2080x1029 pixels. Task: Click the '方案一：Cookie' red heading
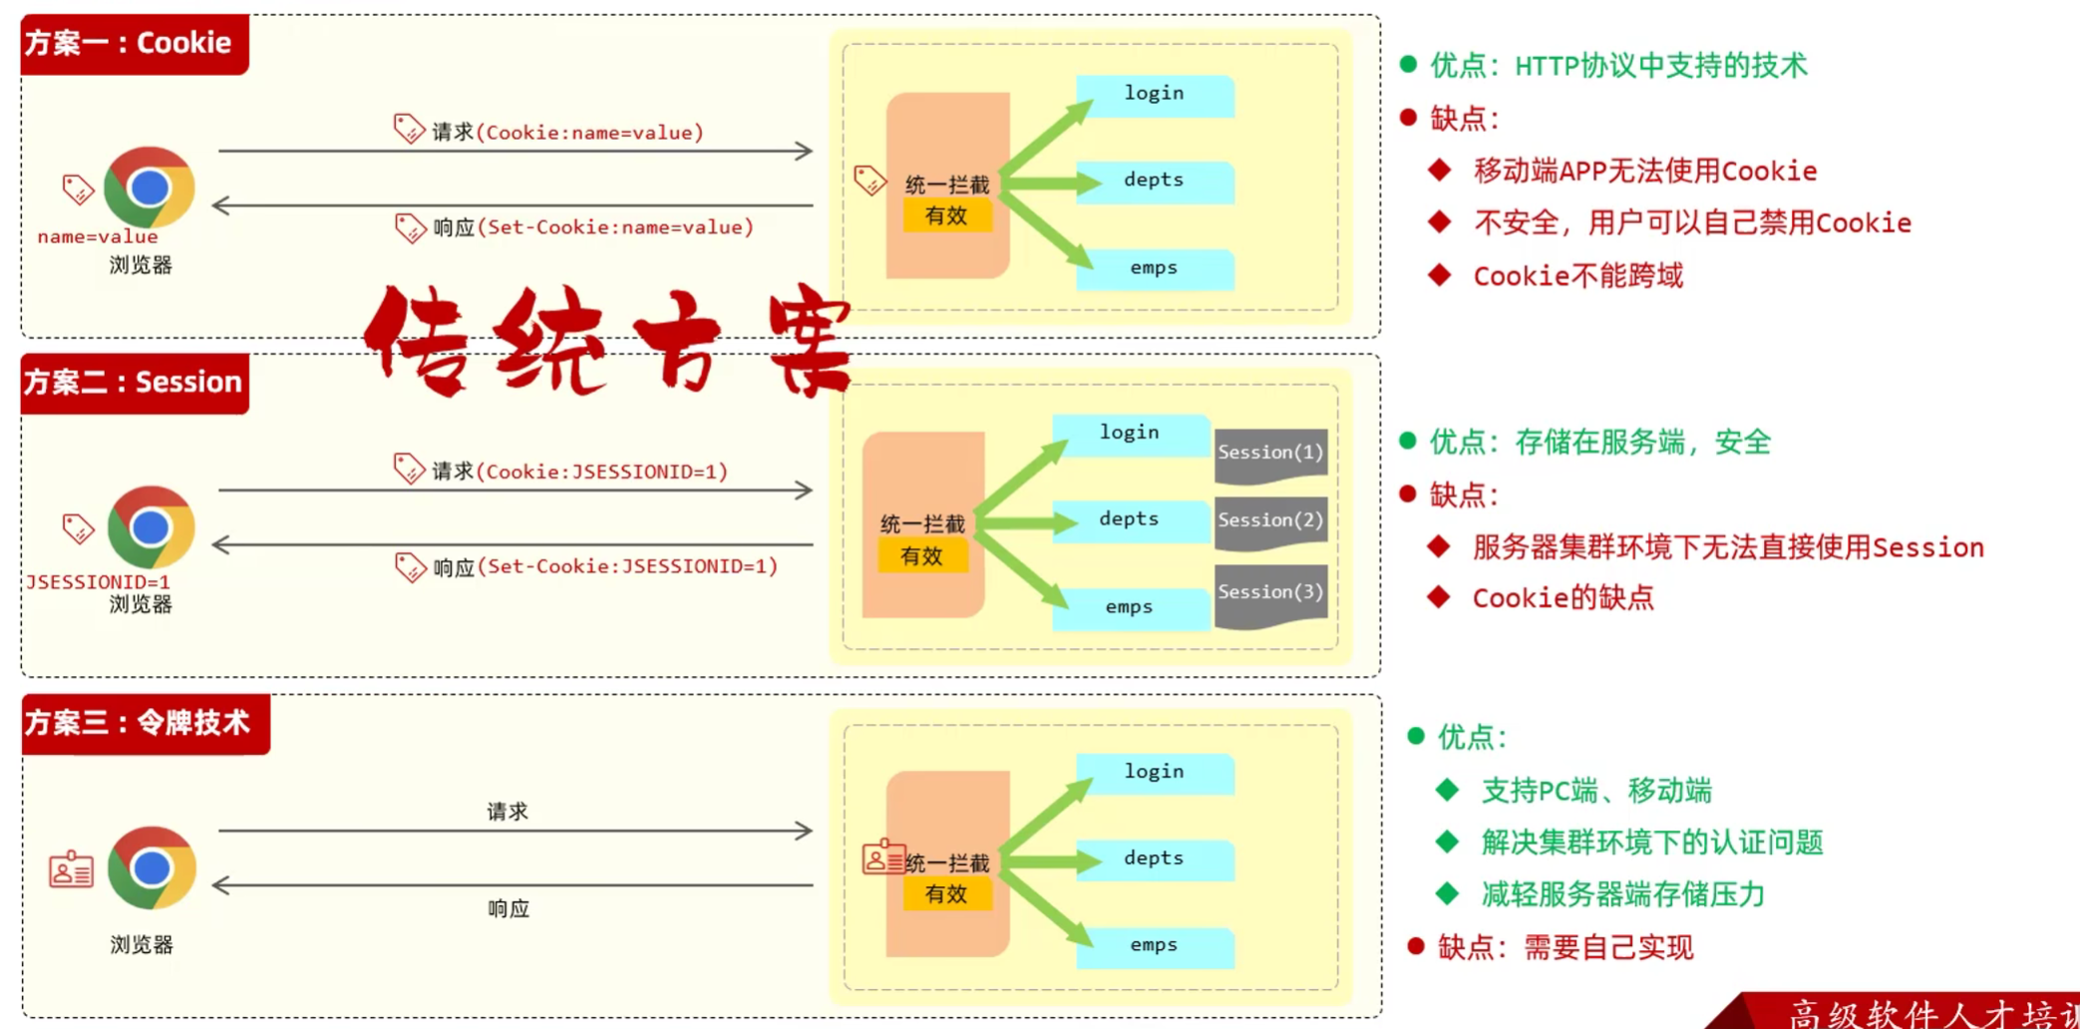(x=135, y=44)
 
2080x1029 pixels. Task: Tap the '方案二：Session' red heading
(x=135, y=383)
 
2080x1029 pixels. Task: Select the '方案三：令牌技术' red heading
(x=146, y=724)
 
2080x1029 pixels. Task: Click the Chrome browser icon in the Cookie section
(x=150, y=187)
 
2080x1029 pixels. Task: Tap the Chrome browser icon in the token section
(x=151, y=867)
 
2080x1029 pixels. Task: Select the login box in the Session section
(x=1129, y=434)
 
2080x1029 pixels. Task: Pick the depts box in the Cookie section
(x=1154, y=181)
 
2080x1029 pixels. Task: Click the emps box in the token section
(x=1154, y=946)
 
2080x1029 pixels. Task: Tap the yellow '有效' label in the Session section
(x=921, y=556)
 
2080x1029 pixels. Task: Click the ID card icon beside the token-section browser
(x=72, y=870)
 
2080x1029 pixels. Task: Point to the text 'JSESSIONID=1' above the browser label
(x=98, y=581)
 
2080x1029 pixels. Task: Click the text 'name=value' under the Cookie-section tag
(x=98, y=237)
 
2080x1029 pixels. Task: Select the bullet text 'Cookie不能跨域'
(x=1577, y=276)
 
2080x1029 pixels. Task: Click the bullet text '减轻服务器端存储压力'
(x=1622, y=894)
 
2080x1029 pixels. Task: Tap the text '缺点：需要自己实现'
(x=1565, y=947)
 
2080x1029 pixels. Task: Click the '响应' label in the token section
(x=509, y=908)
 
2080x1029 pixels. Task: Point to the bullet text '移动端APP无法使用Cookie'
(x=1644, y=171)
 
